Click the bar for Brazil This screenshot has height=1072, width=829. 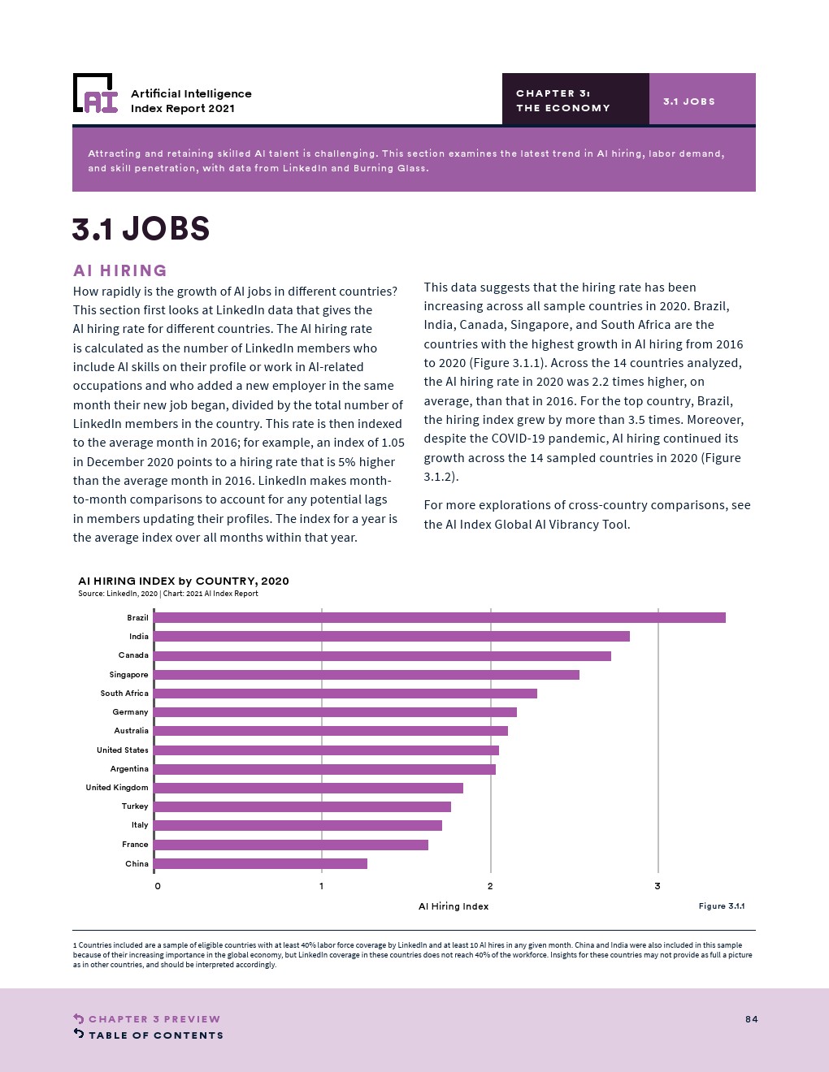(x=439, y=618)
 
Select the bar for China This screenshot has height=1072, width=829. (x=260, y=864)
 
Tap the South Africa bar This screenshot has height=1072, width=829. (x=345, y=694)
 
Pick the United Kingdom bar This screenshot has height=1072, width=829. (x=308, y=788)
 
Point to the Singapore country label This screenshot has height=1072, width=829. (x=129, y=675)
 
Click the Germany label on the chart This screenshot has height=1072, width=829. (x=130, y=712)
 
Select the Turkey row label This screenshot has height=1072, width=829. (x=135, y=806)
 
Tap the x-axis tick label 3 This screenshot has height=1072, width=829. (x=658, y=886)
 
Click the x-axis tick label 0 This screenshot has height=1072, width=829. (x=158, y=886)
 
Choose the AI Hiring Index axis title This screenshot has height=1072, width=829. (x=454, y=906)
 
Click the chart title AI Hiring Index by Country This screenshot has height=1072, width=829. (x=184, y=581)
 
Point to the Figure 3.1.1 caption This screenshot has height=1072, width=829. (x=722, y=906)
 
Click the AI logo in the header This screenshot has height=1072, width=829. (x=96, y=93)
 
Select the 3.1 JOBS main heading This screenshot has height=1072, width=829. (x=141, y=229)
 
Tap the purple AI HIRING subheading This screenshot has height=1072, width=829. (x=120, y=270)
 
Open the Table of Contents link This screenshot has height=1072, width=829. (x=155, y=1035)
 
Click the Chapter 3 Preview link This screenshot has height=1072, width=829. (x=154, y=1019)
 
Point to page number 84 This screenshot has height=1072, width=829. (x=751, y=1019)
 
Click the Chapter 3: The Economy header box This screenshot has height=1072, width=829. (x=575, y=99)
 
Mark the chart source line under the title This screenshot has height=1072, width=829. (x=168, y=594)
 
